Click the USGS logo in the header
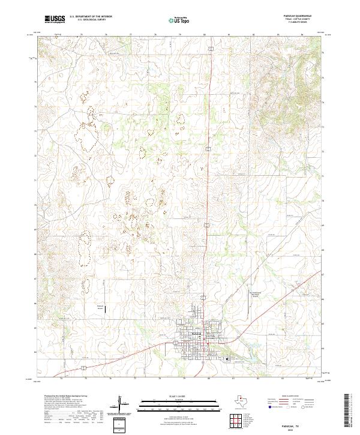[55, 19]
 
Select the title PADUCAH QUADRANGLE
[298, 16]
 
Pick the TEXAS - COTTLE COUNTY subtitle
[298, 20]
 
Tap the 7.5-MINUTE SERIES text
[298, 23]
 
